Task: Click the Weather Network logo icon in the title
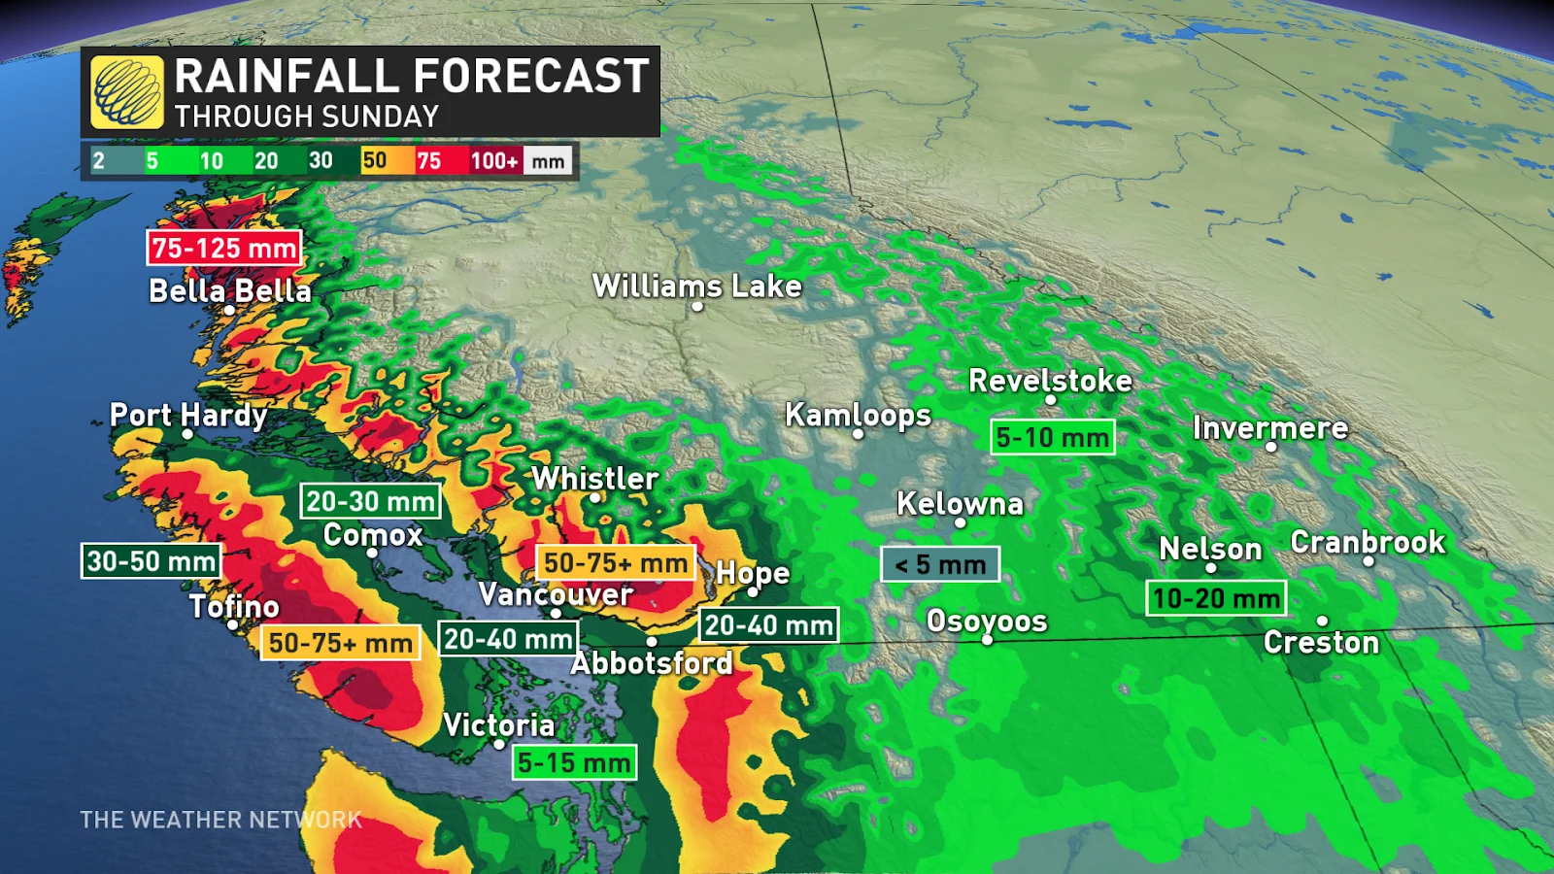tap(126, 92)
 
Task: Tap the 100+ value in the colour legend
tap(494, 161)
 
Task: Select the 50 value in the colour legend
tap(374, 161)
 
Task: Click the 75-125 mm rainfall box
tap(224, 249)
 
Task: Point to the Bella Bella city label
tap(230, 290)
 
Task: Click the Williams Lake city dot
tap(697, 307)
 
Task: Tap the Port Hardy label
tap(188, 415)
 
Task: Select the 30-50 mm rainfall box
tap(152, 561)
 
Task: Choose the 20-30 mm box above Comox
tap(371, 502)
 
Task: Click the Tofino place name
tap(234, 606)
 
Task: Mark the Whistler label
tap(595, 478)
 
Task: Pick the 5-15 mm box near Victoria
tap(575, 763)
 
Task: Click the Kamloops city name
tap(858, 415)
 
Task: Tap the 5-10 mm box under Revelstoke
tap(1053, 438)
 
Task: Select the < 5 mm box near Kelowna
tap(940, 564)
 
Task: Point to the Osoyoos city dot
tap(987, 640)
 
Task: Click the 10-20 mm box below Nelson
tap(1217, 598)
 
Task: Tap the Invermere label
tap(1270, 428)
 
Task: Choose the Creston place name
tap(1321, 643)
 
